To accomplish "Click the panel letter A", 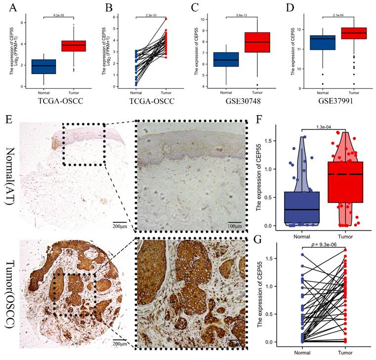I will click(x=6, y=6).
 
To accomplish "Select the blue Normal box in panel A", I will click(x=43, y=66).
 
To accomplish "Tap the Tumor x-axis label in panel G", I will click(x=346, y=354).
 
